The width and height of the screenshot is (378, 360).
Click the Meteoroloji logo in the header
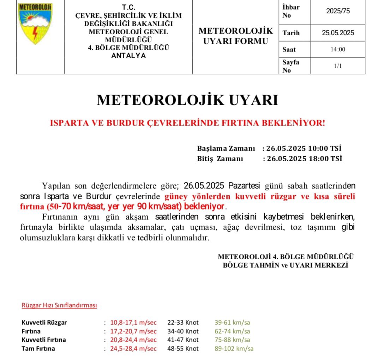pos(35,24)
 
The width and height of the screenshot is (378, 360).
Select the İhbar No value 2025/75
pos(338,11)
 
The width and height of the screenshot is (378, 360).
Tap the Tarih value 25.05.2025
pos(338,33)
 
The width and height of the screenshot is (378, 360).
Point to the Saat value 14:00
pos(338,49)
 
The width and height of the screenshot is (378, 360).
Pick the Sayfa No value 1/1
pos(338,66)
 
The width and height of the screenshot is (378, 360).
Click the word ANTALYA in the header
pos(128,56)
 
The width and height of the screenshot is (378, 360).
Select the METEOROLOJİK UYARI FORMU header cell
pos(235,36)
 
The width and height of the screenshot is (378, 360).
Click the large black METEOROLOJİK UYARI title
pos(187,100)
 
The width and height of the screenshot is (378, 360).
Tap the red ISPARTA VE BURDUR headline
pos(187,123)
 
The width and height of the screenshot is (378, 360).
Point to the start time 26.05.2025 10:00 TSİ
pos(304,148)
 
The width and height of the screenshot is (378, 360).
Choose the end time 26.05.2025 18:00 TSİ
pos(304,159)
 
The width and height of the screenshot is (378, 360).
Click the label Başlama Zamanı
pos(226,148)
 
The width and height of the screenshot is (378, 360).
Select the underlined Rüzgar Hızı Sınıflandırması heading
pos(59,305)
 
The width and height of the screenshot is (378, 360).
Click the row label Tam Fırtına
pos(38,349)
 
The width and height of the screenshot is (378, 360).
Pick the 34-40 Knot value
pos(183,331)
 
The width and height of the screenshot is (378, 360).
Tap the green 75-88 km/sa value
pos(232,340)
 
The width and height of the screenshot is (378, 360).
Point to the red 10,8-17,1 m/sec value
pos(133,323)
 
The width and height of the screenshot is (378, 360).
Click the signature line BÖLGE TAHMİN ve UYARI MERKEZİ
pos(286,265)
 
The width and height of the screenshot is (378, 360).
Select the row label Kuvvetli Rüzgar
pos(44,323)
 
